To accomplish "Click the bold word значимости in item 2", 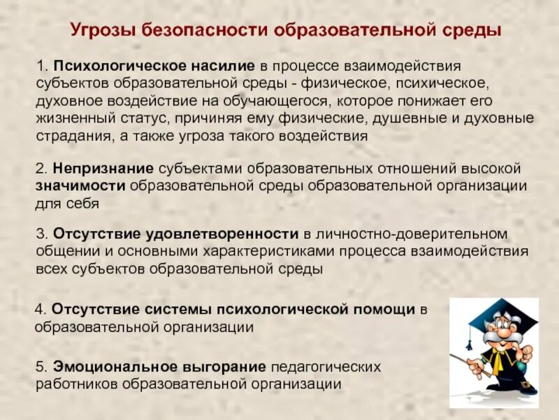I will pos(79,186).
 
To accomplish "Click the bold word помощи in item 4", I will pos(383,309).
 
